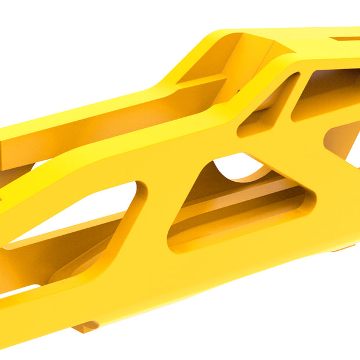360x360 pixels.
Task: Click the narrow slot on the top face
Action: pos(347,39)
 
